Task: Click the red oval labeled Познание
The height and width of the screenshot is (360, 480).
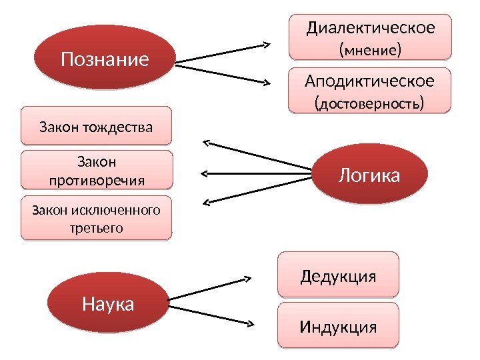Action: [105, 60]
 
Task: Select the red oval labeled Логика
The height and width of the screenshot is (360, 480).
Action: [369, 175]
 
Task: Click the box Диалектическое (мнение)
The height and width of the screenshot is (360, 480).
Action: [370, 38]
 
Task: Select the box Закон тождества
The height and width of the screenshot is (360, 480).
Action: [96, 125]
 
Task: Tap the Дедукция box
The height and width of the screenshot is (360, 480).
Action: [338, 275]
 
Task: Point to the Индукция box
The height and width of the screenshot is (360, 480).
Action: [338, 327]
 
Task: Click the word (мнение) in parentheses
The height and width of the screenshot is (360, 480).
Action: [370, 49]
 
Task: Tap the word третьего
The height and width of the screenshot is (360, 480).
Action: [97, 227]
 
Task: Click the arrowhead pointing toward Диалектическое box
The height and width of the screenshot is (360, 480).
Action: [265, 45]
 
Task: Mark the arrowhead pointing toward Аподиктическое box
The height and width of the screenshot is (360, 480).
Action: [265, 83]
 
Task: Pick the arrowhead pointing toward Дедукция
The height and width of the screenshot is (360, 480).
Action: [247, 278]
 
